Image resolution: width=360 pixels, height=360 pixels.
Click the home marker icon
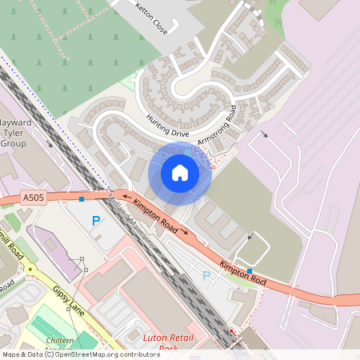(180, 172)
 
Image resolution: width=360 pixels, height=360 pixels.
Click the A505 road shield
(34, 198)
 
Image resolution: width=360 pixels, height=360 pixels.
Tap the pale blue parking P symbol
(206, 276)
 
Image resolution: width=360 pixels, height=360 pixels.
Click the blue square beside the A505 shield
(81, 198)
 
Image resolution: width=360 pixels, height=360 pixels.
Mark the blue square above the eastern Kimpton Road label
(250, 271)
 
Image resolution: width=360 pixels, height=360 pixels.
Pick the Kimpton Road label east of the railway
(242, 272)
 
